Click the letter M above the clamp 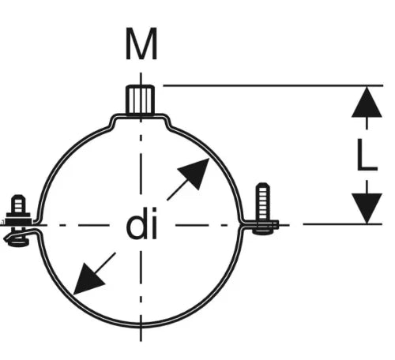(x=141, y=43)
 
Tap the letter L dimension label (x=367, y=155)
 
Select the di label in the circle (x=141, y=223)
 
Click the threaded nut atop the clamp (x=140, y=100)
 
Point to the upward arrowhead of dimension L (x=367, y=102)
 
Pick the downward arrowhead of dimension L (x=367, y=208)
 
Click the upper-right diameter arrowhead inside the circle (x=195, y=172)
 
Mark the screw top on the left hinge (x=18, y=204)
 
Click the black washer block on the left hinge (x=18, y=219)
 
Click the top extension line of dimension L (x=273, y=85)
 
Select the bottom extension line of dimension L (x=342, y=224)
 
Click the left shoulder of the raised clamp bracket (x=113, y=122)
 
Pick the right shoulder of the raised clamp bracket (x=168, y=122)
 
